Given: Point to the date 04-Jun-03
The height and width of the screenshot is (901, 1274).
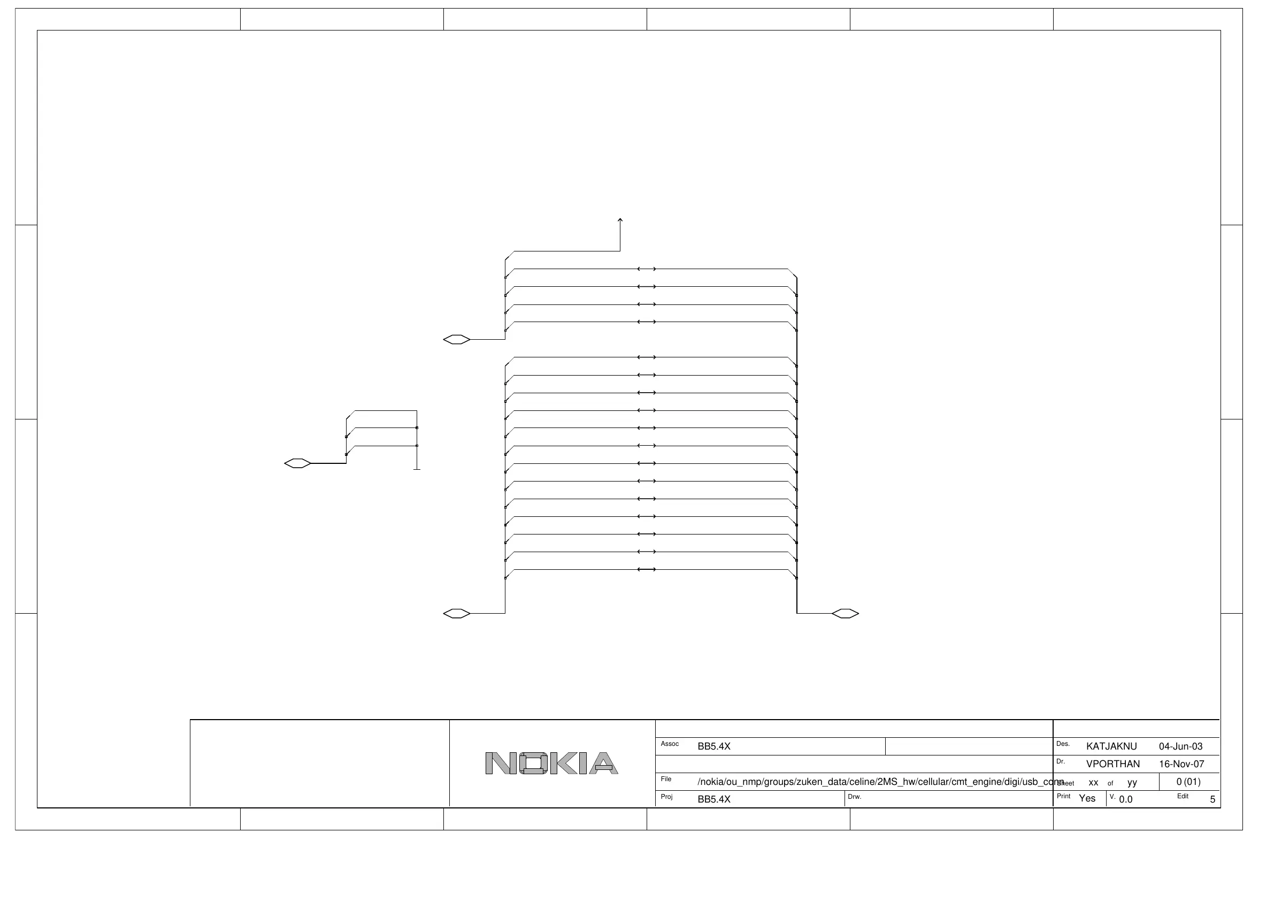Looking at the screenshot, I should click(1181, 747).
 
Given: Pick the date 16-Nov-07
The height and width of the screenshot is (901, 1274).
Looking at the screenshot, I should click(1181, 764).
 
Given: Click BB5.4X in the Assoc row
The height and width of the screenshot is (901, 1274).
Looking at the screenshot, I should click(713, 747).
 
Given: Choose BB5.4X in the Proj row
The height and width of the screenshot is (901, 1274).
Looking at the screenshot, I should click(713, 799).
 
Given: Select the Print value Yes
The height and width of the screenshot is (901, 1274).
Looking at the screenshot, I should click(1087, 798).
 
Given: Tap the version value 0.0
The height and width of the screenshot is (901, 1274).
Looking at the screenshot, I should click(1125, 799).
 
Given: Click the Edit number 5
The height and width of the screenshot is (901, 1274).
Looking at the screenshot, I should click(1212, 799).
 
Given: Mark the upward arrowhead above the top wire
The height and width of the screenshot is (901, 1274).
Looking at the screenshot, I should click(620, 220).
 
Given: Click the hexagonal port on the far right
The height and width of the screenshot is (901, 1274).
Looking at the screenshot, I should click(845, 614).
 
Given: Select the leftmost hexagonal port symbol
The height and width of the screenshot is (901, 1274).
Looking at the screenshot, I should click(297, 463).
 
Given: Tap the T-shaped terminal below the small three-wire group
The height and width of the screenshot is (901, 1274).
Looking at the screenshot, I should click(417, 469).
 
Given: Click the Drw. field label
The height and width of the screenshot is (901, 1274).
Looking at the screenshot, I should click(855, 797).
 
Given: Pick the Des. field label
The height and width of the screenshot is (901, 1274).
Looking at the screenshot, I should click(1063, 744).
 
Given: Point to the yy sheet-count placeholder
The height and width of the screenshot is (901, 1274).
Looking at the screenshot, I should click(1132, 783).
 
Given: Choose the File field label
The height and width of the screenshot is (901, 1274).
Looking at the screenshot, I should click(666, 779).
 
